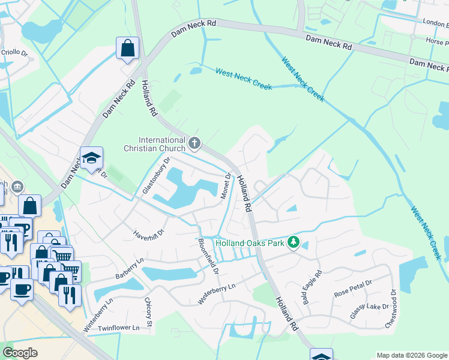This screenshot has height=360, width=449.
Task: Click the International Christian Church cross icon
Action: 194,143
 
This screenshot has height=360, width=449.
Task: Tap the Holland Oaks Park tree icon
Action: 294,242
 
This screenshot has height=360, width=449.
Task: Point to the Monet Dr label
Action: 226,187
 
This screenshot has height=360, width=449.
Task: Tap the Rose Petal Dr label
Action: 354,289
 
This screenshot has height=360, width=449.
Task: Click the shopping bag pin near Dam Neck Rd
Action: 127,49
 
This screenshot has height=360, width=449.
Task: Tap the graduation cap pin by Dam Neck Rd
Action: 92,158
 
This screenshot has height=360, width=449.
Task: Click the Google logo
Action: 20,353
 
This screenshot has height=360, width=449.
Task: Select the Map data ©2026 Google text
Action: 411,355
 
